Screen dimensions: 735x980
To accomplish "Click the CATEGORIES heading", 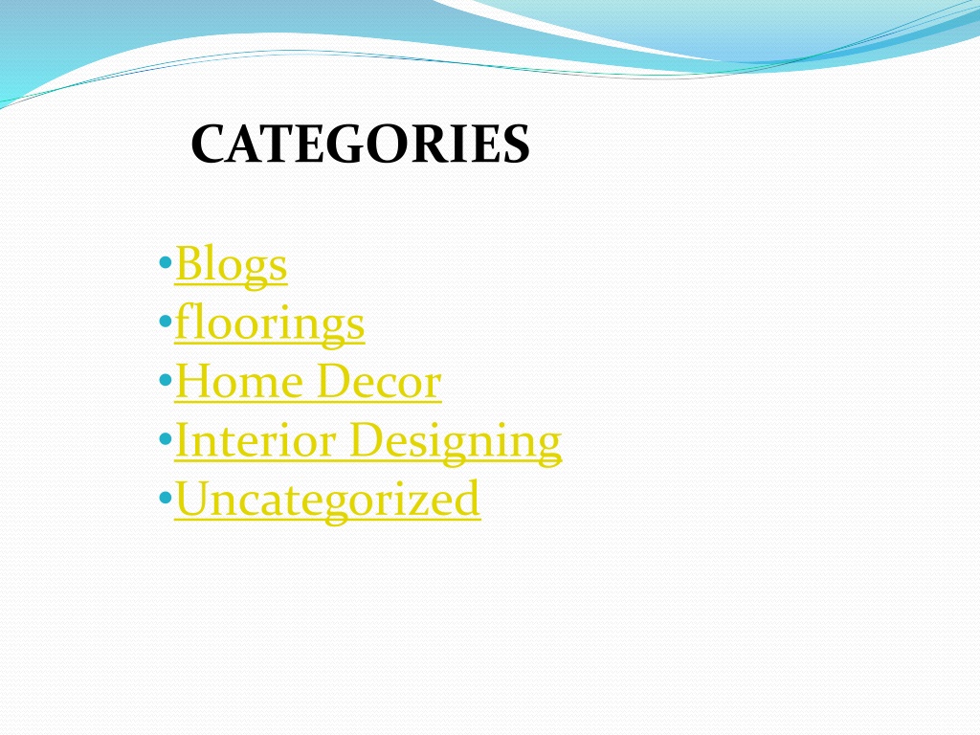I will [359, 145].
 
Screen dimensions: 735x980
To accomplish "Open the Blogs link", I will [231, 265].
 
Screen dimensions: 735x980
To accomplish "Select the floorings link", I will [269, 323].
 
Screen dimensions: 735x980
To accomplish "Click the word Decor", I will [379, 383].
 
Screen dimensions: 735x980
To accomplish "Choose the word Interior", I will [256, 441].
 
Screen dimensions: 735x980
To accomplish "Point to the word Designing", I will [455, 441].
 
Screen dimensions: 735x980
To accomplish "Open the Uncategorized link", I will [327, 500].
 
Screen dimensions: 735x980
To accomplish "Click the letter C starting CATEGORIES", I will [207, 145].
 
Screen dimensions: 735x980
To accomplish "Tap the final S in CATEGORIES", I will [516, 145].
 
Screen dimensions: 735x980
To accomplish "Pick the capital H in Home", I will [194, 383].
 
